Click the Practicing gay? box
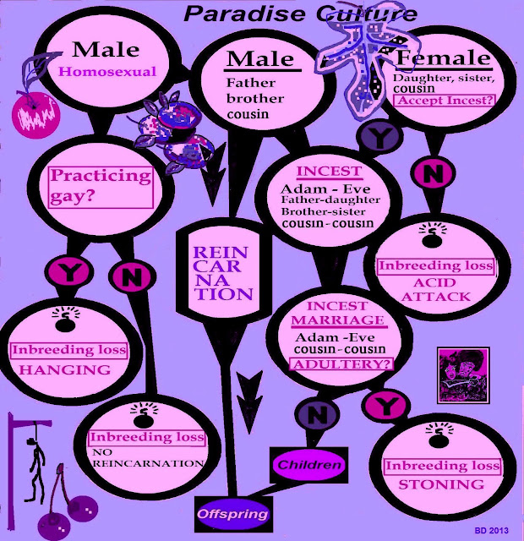[x=101, y=186]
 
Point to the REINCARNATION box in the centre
[x=221, y=273]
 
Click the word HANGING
[x=65, y=369]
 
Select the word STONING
[x=441, y=484]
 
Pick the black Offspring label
[x=233, y=514]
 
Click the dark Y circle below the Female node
[x=374, y=134]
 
